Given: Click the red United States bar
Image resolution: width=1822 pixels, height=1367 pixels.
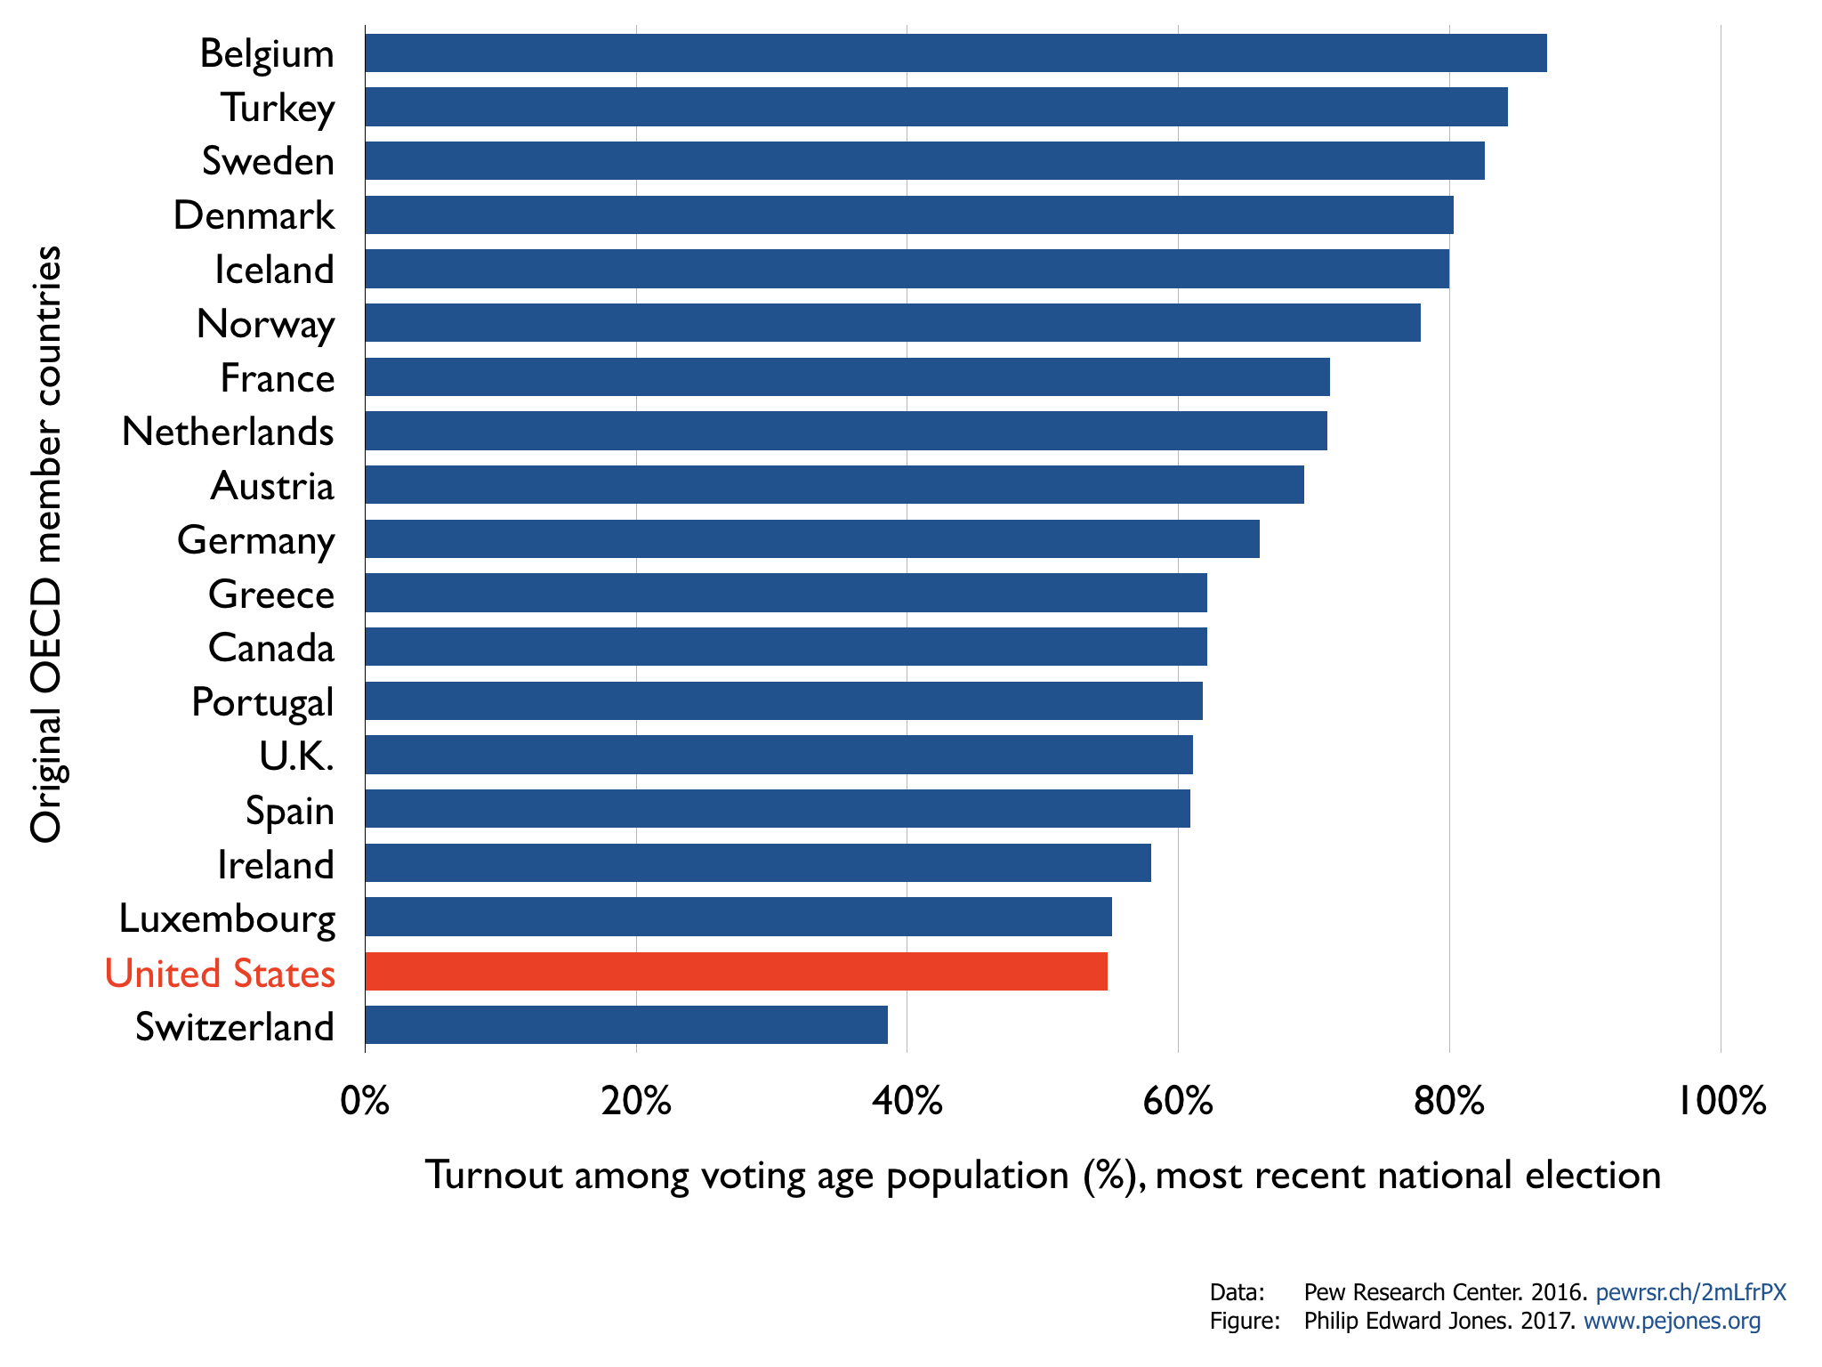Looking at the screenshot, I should tap(736, 971).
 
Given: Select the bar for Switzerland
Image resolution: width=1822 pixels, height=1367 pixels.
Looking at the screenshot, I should tap(626, 1025).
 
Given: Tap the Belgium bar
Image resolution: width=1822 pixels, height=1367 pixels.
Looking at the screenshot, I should tap(955, 53).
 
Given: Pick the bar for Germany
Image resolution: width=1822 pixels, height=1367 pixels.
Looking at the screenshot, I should tap(811, 539).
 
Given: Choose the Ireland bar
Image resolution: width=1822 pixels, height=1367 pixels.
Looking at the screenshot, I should tap(757, 863).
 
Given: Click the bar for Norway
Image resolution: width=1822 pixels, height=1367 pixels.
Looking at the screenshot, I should tap(892, 323).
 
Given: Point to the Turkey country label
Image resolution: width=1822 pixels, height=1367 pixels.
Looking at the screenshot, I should tap(278, 108).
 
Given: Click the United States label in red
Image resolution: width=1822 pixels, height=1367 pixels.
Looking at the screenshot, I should tap(220, 973).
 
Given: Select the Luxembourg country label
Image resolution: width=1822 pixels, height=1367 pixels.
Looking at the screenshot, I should tap(227, 918).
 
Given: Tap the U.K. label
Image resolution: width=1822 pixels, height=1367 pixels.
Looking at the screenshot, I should tap(296, 756).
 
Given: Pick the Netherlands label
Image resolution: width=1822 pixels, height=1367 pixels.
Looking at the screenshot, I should tap(228, 432).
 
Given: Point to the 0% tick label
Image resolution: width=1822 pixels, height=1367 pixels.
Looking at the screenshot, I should tap(365, 1102).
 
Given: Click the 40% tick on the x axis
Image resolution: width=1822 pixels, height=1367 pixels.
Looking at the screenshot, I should tap(907, 1102).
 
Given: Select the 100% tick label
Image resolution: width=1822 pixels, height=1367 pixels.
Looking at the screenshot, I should tap(1721, 1102).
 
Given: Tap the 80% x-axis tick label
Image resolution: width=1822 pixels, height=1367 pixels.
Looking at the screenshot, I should tap(1449, 1102).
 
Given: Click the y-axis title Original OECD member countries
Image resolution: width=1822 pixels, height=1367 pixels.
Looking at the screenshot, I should tap(46, 544).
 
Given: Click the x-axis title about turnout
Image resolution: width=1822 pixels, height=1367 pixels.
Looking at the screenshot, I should tap(1043, 1176).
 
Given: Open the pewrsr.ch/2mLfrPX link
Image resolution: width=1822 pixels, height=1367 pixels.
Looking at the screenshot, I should tap(1690, 1292).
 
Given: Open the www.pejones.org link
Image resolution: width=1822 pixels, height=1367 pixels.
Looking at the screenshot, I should tap(1672, 1321).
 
